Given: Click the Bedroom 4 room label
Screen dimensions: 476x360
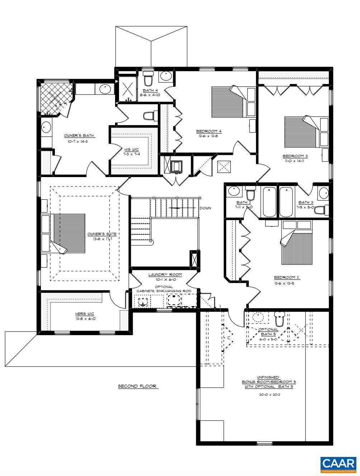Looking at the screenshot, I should click(x=209, y=131).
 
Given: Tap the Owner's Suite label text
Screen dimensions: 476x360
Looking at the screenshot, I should click(x=102, y=234).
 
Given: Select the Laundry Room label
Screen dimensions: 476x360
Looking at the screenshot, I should click(x=165, y=275).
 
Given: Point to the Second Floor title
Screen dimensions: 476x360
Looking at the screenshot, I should click(x=138, y=386).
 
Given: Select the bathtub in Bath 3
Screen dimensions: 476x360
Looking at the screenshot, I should click(x=286, y=202).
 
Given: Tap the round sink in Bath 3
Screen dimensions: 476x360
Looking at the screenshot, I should click(x=324, y=193).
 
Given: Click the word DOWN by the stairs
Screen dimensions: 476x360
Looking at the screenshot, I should click(x=205, y=208).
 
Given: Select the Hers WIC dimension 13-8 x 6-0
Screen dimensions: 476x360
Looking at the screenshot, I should click(x=85, y=319).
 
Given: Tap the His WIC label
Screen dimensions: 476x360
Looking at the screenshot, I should click(x=131, y=149).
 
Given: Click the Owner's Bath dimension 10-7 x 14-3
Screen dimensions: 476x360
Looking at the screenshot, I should click(x=79, y=142).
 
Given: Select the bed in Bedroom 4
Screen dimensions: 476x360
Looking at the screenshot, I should click(x=229, y=100).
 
